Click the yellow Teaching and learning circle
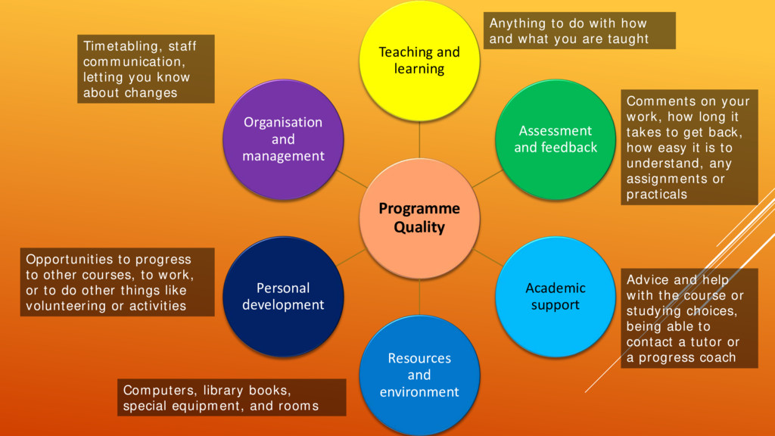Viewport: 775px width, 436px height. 419,61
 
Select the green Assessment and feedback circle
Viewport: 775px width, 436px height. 556,139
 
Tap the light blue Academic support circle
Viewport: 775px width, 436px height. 556,296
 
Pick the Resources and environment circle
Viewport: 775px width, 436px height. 419,375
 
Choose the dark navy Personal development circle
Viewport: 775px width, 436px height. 283,296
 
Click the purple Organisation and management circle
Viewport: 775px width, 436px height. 283,139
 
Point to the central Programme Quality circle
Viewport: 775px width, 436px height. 419,218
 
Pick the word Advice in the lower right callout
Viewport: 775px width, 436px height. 648,279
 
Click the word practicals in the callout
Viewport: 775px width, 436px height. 657,195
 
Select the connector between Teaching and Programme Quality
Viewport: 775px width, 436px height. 419,141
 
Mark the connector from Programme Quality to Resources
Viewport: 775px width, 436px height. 419,296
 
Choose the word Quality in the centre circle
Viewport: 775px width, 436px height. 419,227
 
